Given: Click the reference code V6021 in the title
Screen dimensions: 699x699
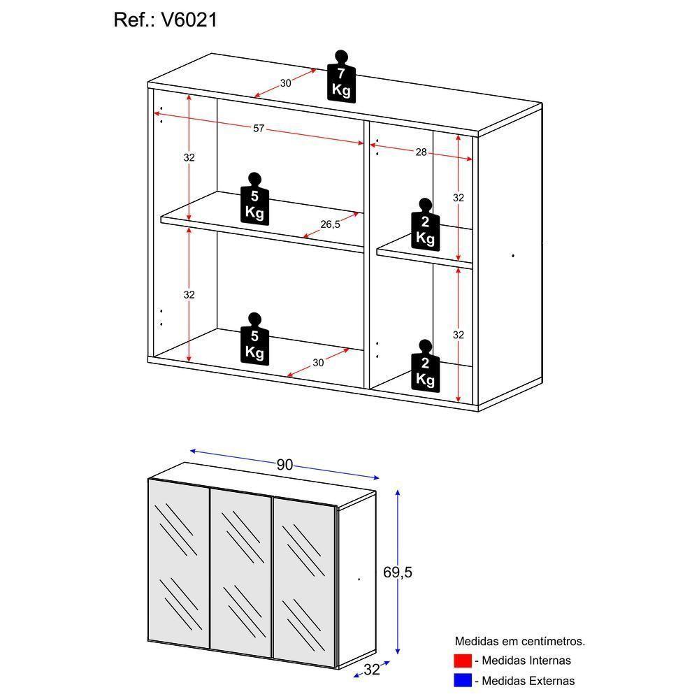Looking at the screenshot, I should pyautogui.click(x=189, y=20).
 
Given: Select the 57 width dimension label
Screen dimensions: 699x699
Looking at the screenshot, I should pyautogui.click(x=259, y=128).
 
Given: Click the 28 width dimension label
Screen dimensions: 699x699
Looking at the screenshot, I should pyautogui.click(x=421, y=152).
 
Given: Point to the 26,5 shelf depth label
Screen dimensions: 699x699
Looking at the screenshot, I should pyautogui.click(x=330, y=224).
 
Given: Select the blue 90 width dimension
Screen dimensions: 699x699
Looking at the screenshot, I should pyautogui.click(x=284, y=465).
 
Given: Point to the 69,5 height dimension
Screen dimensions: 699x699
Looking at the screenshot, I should pyautogui.click(x=398, y=572).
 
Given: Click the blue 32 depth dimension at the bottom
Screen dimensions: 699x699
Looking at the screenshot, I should pyautogui.click(x=371, y=670).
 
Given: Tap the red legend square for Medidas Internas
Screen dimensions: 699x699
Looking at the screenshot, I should pyautogui.click(x=463, y=661).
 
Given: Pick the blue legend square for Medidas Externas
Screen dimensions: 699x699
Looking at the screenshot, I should pyautogui.click(x=463, y=680).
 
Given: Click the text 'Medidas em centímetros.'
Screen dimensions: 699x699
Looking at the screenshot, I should pyautogui.click(x=519, y=641).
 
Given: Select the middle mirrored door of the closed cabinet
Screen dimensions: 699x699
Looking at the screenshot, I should pyautogui.click(x=240, y=573).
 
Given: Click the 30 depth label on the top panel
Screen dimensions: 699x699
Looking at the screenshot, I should pyautogui.click(x=285, y=83).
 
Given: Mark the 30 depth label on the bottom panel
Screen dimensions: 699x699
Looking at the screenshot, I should pyautogui.click(x=318, y=362).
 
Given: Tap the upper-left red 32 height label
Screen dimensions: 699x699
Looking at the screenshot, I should pyautogui.click(x=189, y=157).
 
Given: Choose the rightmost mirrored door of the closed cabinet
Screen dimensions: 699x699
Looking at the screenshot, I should pyautogui.click(x=303, y=579).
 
